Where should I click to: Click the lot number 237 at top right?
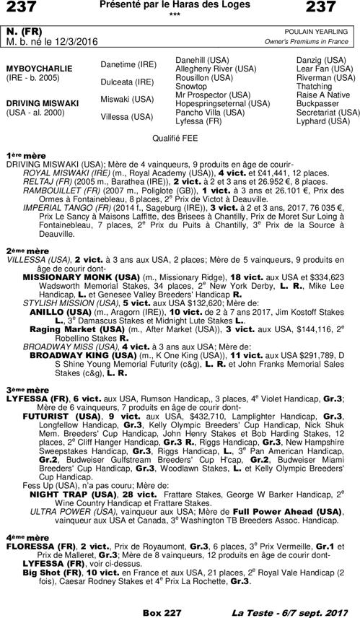pyautogui.click(x=339, y=8)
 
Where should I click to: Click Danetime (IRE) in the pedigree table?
pyautogui.click(x=127, y=65)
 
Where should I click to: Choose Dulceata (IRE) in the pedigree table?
pyautogui.click(x=127, y=82)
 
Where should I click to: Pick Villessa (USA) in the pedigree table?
pyautogui.click(x=126, y=116)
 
